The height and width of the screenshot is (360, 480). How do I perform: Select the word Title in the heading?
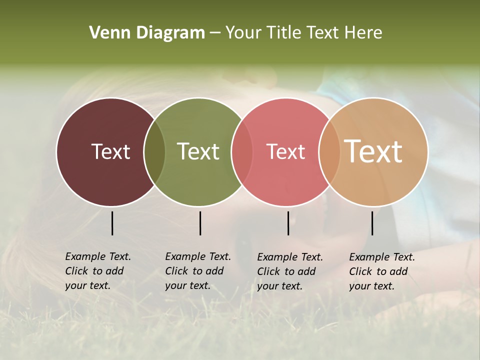click(284, 32)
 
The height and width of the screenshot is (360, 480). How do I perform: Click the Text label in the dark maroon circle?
click(110, 151)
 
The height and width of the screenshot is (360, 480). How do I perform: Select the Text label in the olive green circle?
click(198, 151)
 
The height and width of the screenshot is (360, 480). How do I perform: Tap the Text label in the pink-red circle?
click(285, 151)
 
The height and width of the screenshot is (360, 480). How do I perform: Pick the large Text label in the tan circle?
click(373, 151)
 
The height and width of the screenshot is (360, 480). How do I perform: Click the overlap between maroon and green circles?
click(154, 152)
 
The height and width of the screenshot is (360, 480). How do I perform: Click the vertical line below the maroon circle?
click(112, 223)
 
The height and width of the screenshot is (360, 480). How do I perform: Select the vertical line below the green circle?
click(200, 223)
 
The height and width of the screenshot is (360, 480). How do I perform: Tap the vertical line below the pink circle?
click(288, 223)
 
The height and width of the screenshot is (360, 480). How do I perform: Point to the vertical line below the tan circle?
click(372, 223)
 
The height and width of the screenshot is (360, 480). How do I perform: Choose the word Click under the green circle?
click(176, 271)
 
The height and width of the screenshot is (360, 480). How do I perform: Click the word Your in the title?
click(243, 32)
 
